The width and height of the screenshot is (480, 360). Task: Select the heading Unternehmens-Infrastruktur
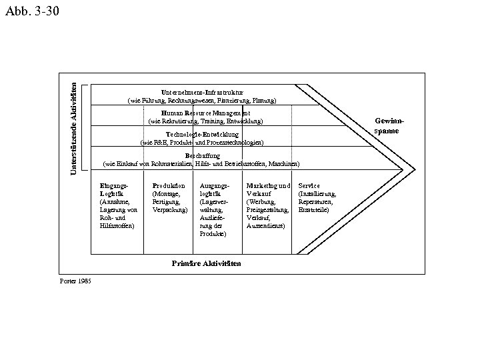point(202,91)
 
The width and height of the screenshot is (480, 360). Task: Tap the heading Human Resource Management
point(205,113)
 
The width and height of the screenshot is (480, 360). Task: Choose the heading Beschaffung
point(203,156)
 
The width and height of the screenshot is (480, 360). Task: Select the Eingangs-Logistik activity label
point(111,189)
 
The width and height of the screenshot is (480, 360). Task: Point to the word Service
point(309,185)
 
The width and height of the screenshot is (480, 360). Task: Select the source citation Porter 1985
point(75,281)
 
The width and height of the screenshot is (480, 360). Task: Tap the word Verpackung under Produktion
point(170,210)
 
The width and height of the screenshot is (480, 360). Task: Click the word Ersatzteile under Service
point(313,210)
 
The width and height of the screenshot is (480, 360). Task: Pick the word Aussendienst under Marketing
point(266,226)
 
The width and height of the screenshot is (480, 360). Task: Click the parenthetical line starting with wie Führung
point(202,100)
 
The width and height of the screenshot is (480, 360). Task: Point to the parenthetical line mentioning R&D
point(202,143)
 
